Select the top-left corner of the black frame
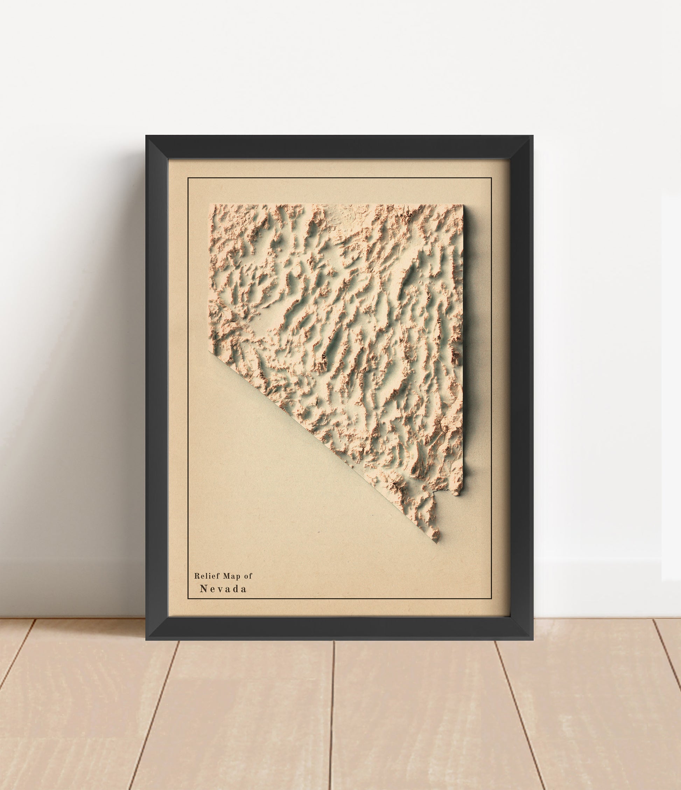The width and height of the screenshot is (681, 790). [146, 136]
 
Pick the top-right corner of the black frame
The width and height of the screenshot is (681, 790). [533, 136]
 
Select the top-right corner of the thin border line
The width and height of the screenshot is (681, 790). [491, 178]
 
